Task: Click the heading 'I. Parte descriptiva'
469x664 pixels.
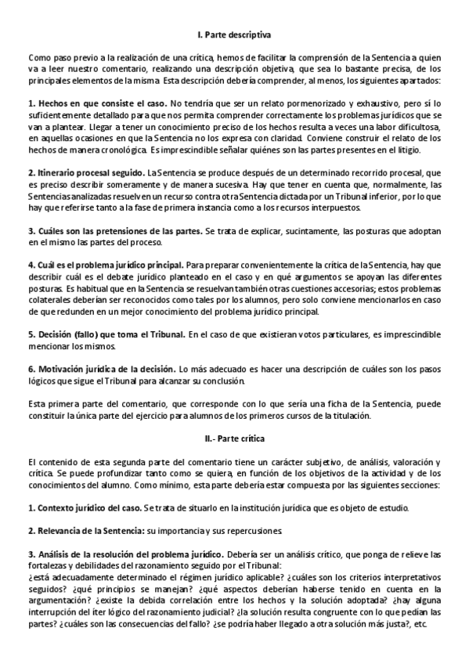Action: [x=234, y=35]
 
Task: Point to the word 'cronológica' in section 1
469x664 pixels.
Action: [x=120, y=149]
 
